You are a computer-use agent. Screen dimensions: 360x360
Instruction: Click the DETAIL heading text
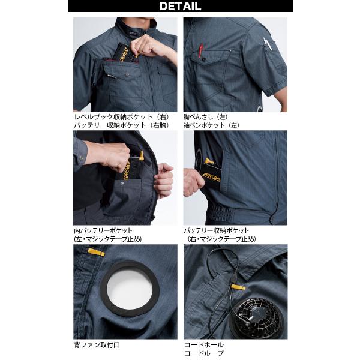pyautogui.click(x=180, y=6)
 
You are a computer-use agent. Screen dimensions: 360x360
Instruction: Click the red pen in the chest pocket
pyautogui.click(x=201, y=50)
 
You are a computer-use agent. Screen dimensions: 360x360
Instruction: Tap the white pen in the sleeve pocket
pyautogui.click(x=268, y=44)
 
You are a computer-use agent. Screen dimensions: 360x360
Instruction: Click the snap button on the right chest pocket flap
pyautogui.click(x=127, y=74)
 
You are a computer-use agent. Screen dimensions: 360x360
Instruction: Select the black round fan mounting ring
pyautogui.click(x=130, y=289)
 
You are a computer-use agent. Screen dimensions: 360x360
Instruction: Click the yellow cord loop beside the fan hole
pyautogui.click(x=96, y=252)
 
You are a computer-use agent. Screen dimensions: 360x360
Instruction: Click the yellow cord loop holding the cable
pyautogui.click(x=238, y=287)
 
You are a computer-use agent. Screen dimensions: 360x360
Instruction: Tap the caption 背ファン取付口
pyautogui.click(x=97, y=345)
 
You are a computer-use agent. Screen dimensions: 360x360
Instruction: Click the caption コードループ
pyautogui.click(x=203, y=353)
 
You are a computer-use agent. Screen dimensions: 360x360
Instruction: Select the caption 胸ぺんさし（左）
pyautogui.click(x=206, y=117)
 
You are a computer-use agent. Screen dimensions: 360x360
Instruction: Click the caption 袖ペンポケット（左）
pyautogui.click(x=211, y=125)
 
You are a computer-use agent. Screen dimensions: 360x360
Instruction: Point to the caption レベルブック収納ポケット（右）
pyautogui.click(x=122, y=117)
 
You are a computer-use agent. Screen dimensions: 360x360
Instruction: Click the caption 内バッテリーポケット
pyautogui.click(x=103, y=230)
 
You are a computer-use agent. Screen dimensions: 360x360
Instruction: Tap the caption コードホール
pyautogui.click(x=204, y=345)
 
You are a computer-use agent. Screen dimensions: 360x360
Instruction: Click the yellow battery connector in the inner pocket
pyautogui.click(x=141, y=155)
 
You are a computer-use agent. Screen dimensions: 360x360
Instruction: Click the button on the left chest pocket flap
pyautogui.click(x=203, y=59)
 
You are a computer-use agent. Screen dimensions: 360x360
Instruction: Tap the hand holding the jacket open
pyautogui.click(x=163, y=181)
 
